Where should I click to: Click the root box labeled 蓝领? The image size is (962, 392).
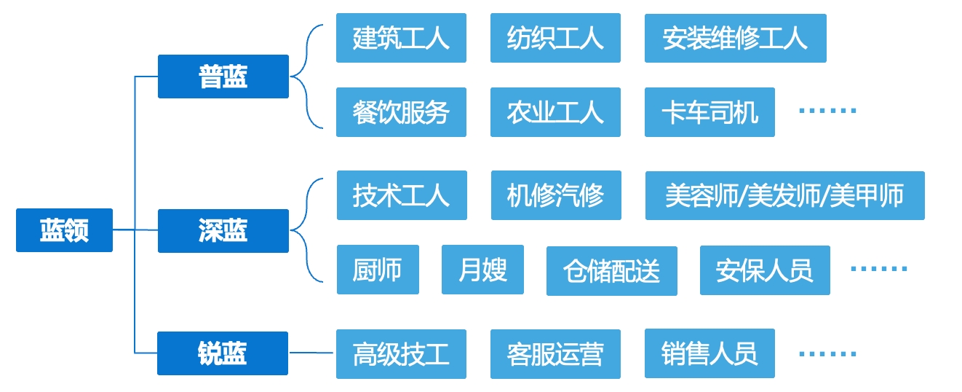(65, 230)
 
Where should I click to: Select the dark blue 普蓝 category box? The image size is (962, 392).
(223, 77)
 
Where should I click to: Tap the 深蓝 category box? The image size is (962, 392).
(223, 231)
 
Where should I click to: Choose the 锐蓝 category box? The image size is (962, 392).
(223, 353)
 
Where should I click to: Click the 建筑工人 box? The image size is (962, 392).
(401, 38)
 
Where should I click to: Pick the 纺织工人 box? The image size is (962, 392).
(555, 38)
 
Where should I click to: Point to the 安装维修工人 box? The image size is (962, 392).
(735, 39)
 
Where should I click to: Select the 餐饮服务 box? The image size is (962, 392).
(401, 112)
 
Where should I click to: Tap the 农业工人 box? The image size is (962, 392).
(555, 112)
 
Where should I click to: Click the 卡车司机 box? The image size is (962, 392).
(709, 112)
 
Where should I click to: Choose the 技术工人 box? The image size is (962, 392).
(402, 195)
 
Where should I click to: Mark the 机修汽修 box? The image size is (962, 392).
(556, 195)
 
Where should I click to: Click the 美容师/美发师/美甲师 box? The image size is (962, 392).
(785, 195)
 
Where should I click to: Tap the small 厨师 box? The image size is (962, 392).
(378, 270)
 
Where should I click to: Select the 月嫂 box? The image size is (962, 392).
(482, 270)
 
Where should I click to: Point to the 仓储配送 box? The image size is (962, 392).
(612, 271)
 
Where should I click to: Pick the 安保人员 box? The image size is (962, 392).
(765, 270)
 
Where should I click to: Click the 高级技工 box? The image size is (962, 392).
(401, 354)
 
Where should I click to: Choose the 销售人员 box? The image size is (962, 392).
(709, 353)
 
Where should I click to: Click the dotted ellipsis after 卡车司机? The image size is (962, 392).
(827, 111)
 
